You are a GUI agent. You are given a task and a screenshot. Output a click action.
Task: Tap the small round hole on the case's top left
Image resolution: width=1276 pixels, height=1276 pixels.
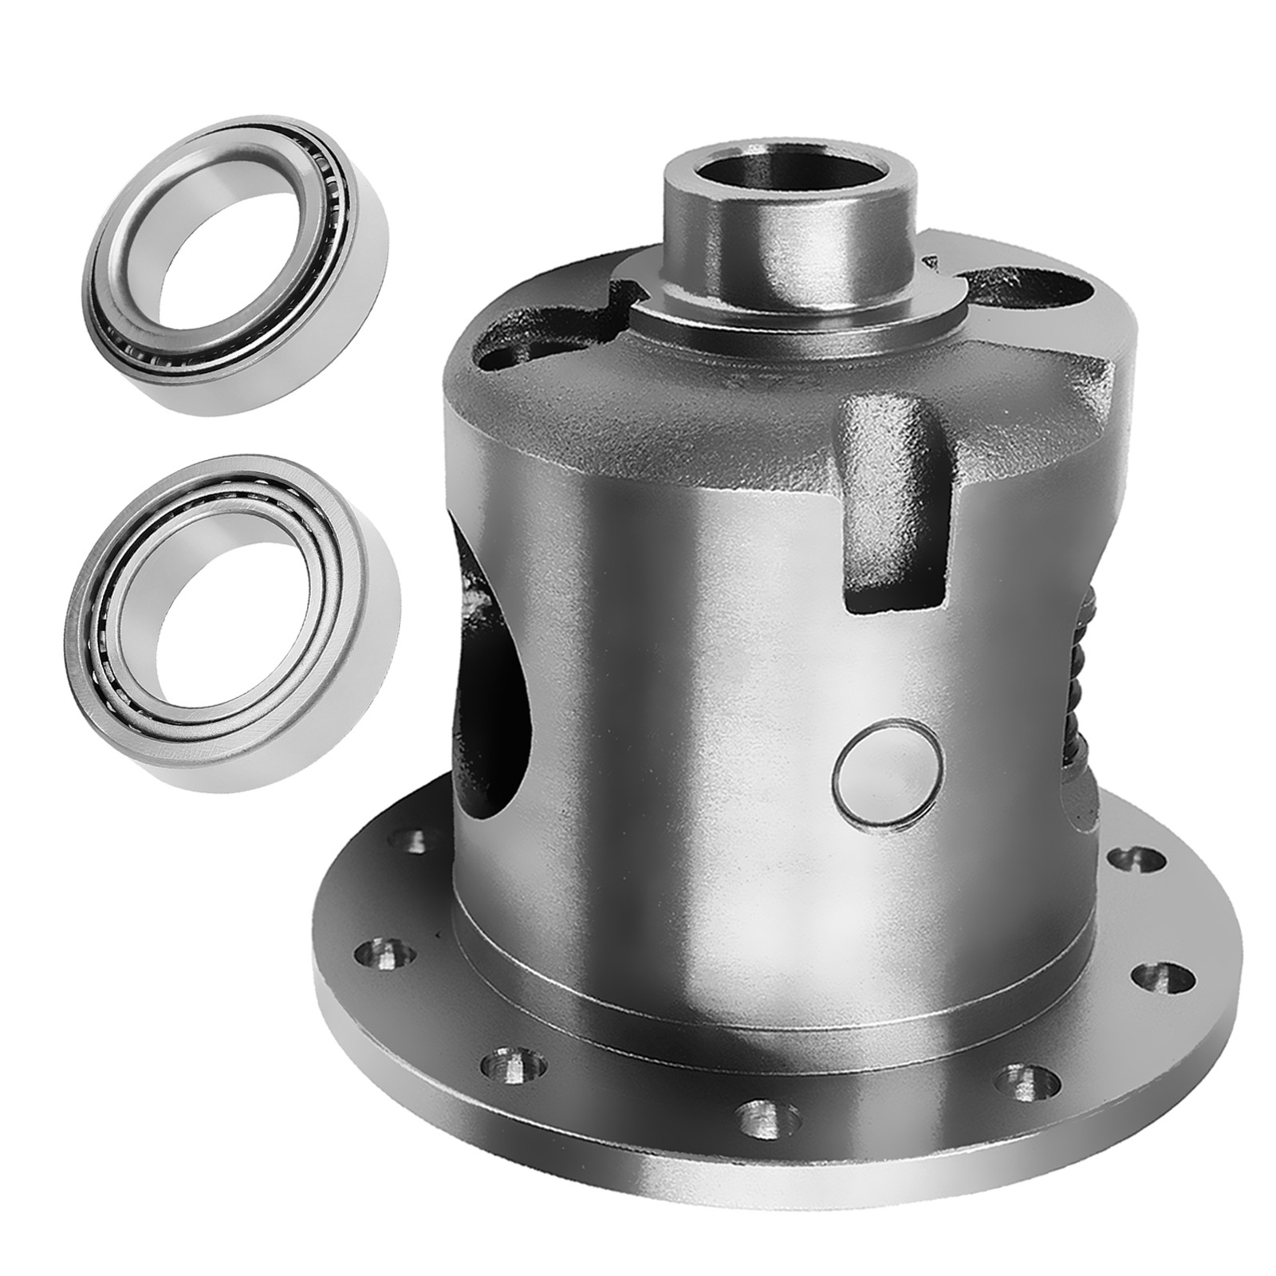[x=499, y=360]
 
